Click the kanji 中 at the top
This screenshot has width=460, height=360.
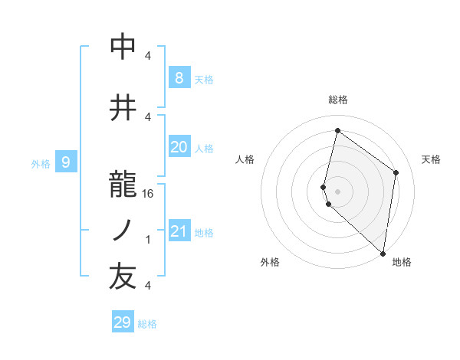click(123, 47)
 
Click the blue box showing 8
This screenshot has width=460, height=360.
click(179, 78)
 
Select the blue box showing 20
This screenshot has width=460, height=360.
click(179, 148)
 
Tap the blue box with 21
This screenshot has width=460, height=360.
click(179, 231)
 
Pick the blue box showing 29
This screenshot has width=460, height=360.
click(122, 322)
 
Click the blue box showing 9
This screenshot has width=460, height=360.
click(66, 162)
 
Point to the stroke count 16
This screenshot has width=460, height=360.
click(149, 195)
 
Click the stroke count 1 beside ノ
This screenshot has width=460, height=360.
click(148, 240)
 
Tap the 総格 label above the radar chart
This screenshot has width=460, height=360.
click(338, 100)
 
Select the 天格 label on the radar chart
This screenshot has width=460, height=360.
click(432, 159)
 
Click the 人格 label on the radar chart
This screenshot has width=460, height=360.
click(245, 159)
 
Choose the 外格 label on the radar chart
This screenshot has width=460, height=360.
click(270, 262)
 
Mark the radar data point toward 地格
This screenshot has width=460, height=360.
click(383, 253)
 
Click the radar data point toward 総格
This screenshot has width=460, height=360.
click(337, 131)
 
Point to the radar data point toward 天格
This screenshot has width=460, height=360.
click(396, 172)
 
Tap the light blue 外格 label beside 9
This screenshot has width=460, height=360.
click(40, 163)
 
